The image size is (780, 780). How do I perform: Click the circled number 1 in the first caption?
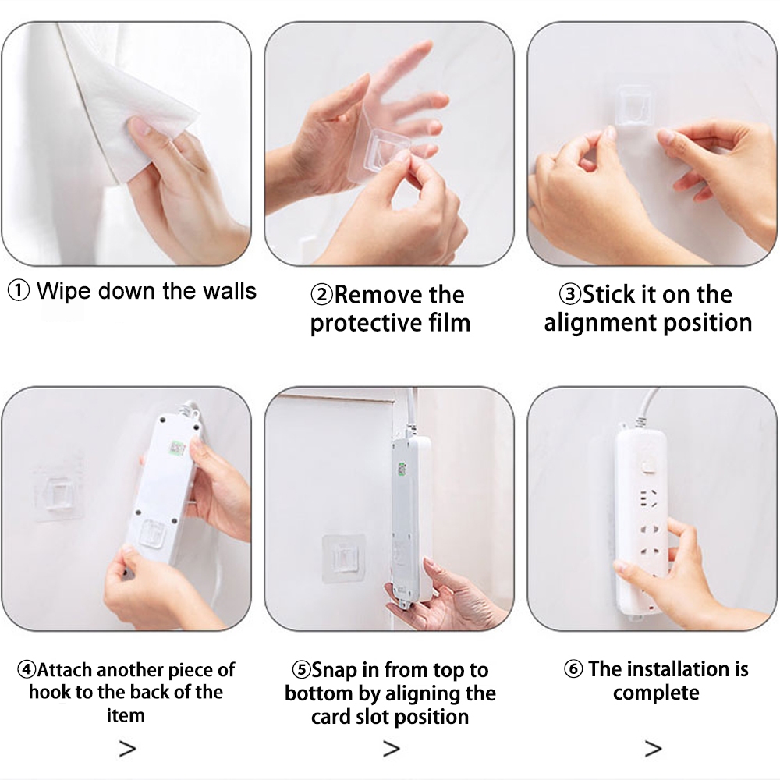coord(19,291)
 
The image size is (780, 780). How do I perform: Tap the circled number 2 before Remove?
coord(322,295)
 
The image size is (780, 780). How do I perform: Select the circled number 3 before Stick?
coord(570,294)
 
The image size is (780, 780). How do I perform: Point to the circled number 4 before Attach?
coord(27,669)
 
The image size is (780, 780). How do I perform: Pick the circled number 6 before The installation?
coord(573,668)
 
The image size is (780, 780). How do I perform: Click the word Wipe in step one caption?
coord(65,292)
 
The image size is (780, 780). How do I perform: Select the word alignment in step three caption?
coord(600,324)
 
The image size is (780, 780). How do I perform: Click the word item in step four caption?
coord(126,715)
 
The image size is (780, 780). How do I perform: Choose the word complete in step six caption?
coord(656,693)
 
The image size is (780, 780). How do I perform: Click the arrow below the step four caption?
coord(127,749)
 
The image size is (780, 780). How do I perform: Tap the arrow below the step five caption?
coord(392,749)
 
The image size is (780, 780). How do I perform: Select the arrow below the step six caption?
coord(653,749)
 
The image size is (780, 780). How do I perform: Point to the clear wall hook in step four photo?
coord(58,495)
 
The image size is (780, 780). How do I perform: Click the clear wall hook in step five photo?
coord(344,558)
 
